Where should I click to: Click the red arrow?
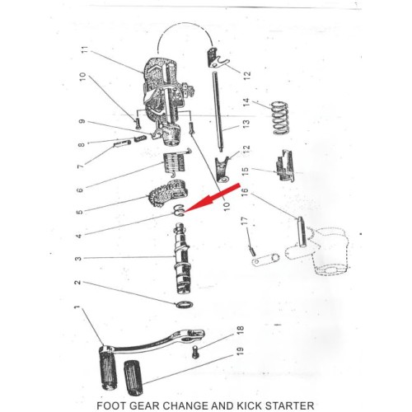[212, 198]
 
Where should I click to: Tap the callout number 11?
[86, 50]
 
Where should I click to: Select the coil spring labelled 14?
[280, 118]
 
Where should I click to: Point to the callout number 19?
[240, 351]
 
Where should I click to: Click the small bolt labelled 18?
[195, 352]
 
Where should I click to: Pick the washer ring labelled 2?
[184, 305]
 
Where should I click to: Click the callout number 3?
[78, 259]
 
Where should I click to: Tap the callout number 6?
[79, 190]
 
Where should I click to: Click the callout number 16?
[245, 192]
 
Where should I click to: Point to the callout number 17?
[244, 221]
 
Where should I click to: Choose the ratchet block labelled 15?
[284, 166]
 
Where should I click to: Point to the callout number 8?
[82, 144]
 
